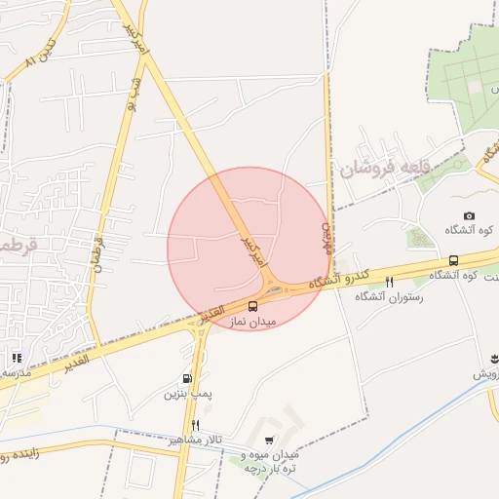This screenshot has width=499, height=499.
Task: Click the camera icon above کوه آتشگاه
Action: click(x=469, y=216)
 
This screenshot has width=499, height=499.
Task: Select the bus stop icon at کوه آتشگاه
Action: click(x=453, y=260)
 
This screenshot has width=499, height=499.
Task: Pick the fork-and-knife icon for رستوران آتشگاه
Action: click(x=389, y=283)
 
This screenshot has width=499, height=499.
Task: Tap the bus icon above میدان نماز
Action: click(x=253, y=306)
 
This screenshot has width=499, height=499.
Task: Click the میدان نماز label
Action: click(x=253, y=321)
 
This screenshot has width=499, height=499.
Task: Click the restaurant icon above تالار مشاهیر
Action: click(x=196, y=426)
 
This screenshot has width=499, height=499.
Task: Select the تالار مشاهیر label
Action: click(x=195, y=440)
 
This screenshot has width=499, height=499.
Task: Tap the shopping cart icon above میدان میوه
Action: click(x=270, y=441)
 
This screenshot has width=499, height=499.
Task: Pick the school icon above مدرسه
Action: click(x=16, y=358)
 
